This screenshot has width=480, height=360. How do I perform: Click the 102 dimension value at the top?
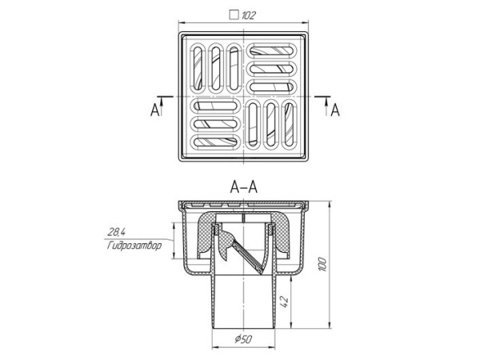click(x=248, y=15)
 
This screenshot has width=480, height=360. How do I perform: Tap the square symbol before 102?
click(x=234, y=15)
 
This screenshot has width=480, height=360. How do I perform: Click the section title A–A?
click(x=244, y=187)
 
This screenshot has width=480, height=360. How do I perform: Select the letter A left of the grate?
click(x=155, y=110)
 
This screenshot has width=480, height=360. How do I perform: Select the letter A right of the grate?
click(x=335, y=110)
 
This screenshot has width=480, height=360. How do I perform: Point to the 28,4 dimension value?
click(x=116, y=232)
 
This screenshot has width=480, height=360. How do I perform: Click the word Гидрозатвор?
click(x=134, y=246)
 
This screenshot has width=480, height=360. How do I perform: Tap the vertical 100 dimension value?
click(x=322, y=265)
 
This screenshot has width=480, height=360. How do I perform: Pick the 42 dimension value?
click(x=285, y=302)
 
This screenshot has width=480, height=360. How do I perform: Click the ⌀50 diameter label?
click(x=244, y=339)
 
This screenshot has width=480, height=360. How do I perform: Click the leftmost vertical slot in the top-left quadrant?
click(x=198, y=68)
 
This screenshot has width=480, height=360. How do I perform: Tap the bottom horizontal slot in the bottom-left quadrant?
click(x=216, y=142)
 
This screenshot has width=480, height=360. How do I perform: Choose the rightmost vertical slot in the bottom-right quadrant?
click(x=289, y=124)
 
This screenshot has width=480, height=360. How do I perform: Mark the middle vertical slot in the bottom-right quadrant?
click(x=271, y=124)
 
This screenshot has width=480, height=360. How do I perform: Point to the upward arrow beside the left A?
click(x=162, y=107)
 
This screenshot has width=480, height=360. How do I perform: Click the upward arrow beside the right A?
click(x=327, y=107)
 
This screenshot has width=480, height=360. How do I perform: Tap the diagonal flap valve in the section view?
click(x=246, y=257)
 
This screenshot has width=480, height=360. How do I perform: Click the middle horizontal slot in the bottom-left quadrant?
click(x=216, y=124)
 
